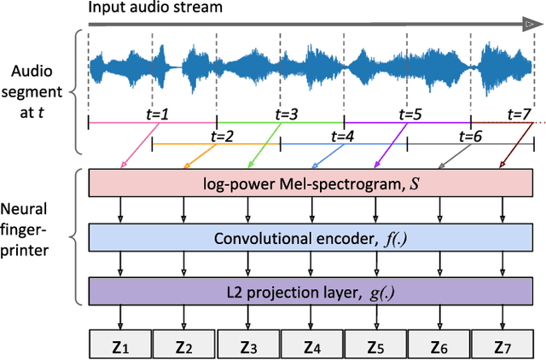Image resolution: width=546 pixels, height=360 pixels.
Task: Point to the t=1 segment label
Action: click(159, 114)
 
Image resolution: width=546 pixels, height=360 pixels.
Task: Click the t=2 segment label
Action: click(223, 136)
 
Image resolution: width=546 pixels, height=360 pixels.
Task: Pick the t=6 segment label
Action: click(471, 136)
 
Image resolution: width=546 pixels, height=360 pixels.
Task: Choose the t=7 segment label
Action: click(520, 114)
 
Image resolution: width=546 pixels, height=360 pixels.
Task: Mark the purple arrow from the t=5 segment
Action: click(388, 144)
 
